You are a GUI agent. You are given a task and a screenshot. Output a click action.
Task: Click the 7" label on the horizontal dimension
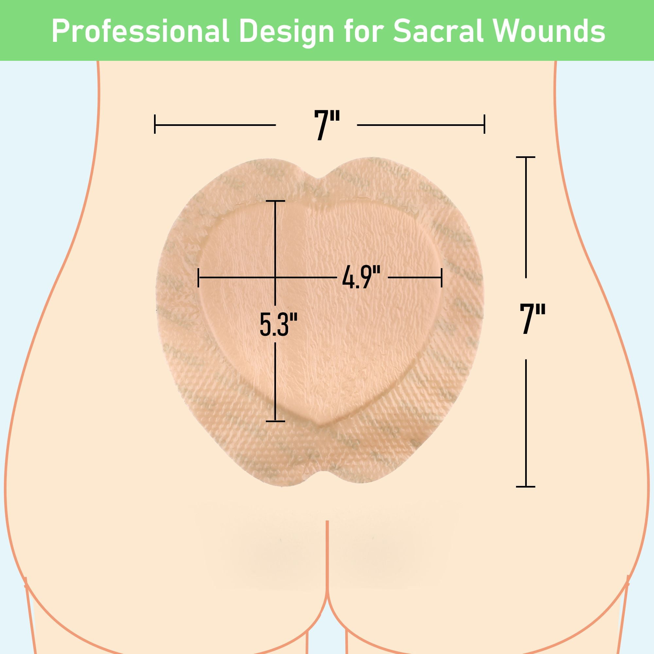click(x=327, y=125)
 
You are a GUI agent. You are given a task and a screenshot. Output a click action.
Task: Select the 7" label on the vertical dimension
click(x=532, y=318)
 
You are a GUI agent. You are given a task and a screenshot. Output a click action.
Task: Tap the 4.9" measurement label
click(x=361, y=277)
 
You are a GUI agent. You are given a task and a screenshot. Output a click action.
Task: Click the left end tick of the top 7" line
click(x=155, y=124)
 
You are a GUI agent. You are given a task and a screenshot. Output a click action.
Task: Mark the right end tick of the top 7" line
click(x=484, y=124)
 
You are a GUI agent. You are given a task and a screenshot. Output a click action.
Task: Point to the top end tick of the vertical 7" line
click(x=525, y=157)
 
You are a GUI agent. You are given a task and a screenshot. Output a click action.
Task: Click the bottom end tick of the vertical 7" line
click(x=525, y=487)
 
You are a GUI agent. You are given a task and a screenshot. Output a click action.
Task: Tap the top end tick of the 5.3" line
click(x=275, y=201)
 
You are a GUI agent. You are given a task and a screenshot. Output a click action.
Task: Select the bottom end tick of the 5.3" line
click(x=275, y=422)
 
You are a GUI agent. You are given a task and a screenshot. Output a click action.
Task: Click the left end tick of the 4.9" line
click(x=198, y=278)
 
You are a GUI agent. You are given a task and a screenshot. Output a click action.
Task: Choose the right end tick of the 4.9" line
click(x=441, y=278)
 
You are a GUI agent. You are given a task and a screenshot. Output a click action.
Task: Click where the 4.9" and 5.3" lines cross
click(x=275, y=278)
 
